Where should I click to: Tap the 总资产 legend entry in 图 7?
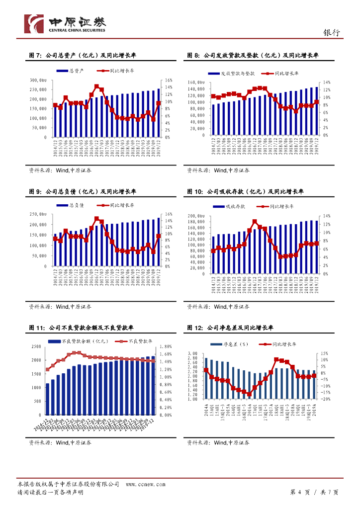pyautogui.click(x=73, y=71)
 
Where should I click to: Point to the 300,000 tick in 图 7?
pyautogui.click(x=38, y=80)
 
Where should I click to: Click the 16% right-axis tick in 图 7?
pyautogui.click(x=168, y=80)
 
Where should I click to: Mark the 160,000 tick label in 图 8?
pyautogui.click(x=196, y=83)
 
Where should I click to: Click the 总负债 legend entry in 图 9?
pyautogui.click(x=73, y=205)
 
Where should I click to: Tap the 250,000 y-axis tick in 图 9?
pyautogui.click(x=38, y=214)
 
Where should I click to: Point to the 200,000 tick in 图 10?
pyautogui.click(x=196, y=216)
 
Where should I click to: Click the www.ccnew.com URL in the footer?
pyautogui.click(x=142, y=484)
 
